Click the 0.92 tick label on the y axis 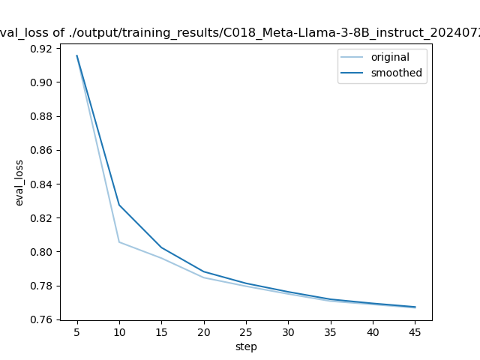42,49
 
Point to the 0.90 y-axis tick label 42,82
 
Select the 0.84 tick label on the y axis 42,184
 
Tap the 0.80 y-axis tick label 42,252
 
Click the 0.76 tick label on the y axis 42,319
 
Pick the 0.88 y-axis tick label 42,116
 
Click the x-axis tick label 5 76,331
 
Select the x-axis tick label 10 119,331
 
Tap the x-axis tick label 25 246,331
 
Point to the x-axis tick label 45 415,331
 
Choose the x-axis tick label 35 330,331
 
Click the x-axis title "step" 246,346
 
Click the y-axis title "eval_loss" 20,183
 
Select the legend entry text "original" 390,58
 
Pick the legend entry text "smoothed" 396,73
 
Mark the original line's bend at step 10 119,241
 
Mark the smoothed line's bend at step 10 119,205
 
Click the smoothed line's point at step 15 161,247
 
